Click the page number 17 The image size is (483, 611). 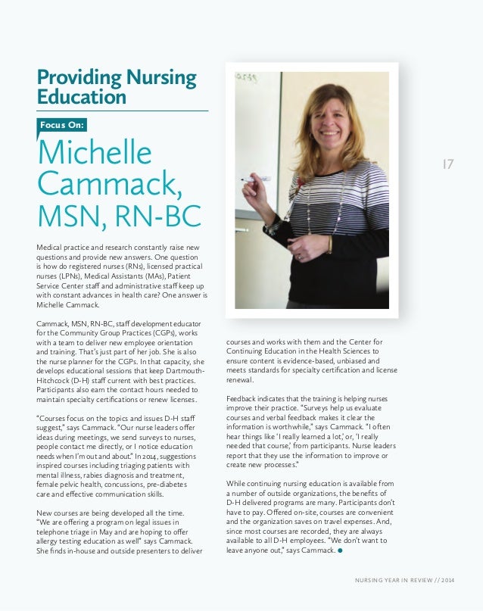click(447, 163)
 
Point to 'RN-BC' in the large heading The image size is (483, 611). click(159, 215)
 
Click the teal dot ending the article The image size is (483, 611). click(341, 550)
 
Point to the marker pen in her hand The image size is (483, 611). click(255, 179)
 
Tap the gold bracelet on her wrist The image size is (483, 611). click(329, 244)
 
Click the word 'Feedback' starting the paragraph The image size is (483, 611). click(243, 398)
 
